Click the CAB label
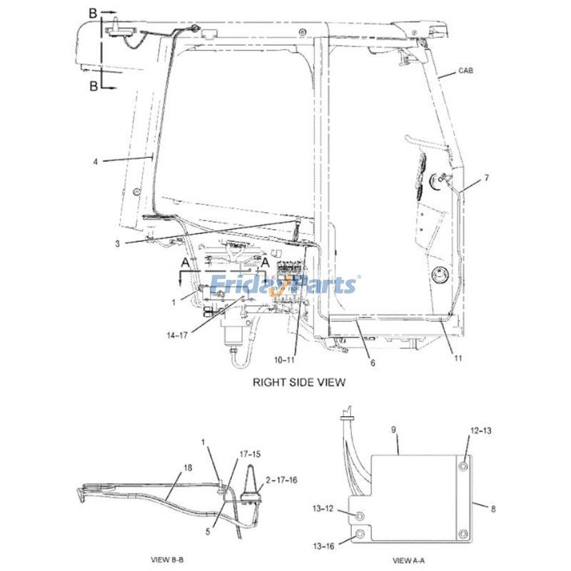[x=465, y=71]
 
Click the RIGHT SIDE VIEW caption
[x=299, y=383]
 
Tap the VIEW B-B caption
[x=169, y=558]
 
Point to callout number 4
[x=95, y=161]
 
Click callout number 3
[x=117, y=243]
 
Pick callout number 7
[x=486, y=178]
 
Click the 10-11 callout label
[x=283, y=359]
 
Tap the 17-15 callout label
[x=249, y=453]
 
